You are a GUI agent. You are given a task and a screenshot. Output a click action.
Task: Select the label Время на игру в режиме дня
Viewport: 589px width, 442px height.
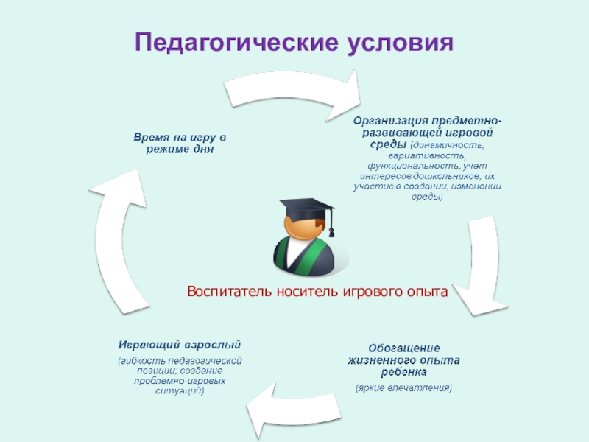click(x=179, y=143)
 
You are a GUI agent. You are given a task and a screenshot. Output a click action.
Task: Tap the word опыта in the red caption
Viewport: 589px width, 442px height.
click(x=425, y=292)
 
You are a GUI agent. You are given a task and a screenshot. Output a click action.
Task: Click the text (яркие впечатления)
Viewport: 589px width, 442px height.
click(x=404, y=387)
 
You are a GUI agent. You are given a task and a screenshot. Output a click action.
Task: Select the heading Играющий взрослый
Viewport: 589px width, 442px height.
click(x=180, y=345)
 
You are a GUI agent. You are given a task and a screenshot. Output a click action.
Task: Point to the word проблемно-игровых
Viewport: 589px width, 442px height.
click(x=180, y=381)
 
